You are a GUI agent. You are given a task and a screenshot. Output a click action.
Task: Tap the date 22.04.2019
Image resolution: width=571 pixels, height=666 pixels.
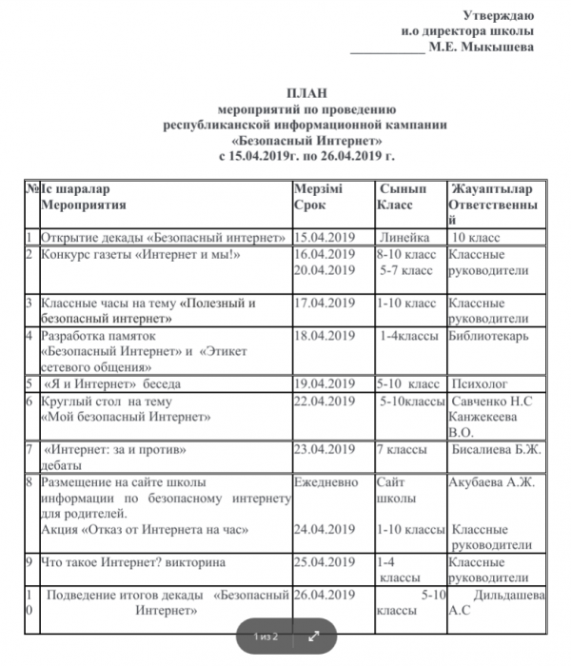tap(325, 402)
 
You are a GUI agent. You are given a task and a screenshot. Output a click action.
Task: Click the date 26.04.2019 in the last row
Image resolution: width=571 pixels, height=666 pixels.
tap(325, 596)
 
